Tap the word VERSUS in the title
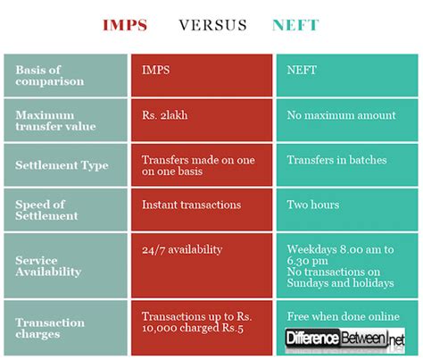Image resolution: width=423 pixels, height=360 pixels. pyautogui.click(x=212, y=24)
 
